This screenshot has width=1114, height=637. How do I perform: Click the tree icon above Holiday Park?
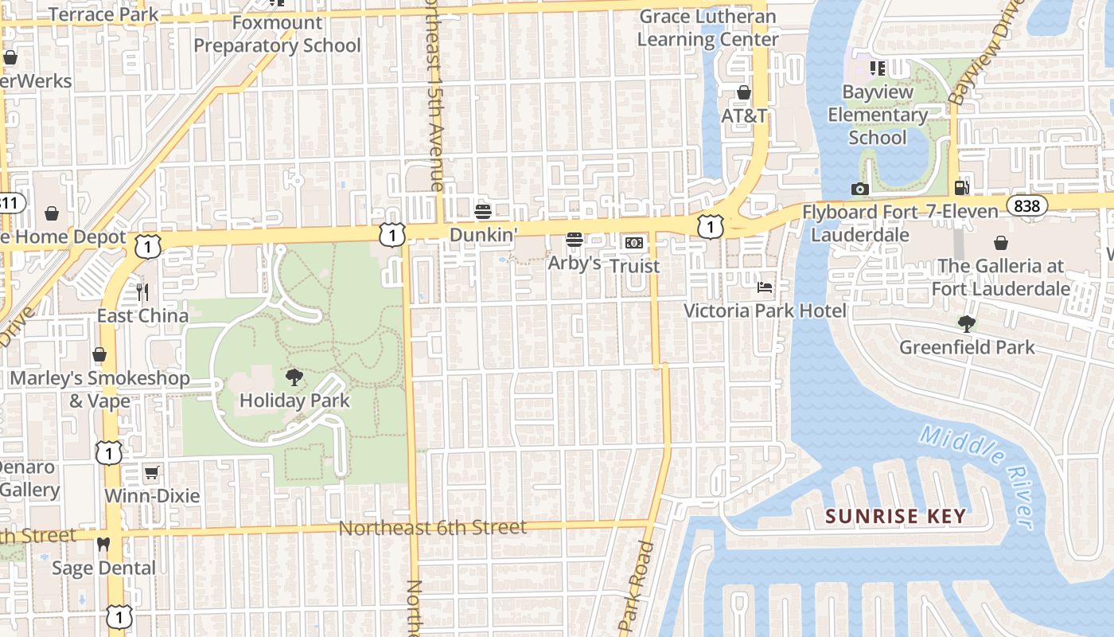294,377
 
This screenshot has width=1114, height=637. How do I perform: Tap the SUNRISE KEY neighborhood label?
895,516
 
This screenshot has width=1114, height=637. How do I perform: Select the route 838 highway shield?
1026,206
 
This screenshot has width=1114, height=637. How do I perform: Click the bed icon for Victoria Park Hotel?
765,287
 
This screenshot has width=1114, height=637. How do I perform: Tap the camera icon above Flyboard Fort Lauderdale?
859,189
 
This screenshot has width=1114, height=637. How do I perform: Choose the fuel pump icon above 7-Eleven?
961,188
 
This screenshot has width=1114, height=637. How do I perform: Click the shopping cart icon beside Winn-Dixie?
152,472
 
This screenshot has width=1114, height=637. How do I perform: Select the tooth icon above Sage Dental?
103,545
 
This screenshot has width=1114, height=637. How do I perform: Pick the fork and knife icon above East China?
142,292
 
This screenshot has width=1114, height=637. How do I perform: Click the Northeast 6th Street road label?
432,527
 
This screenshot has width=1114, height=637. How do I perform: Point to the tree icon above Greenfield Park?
967,323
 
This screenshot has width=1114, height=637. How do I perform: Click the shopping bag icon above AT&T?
743,92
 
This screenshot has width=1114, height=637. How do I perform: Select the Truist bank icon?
634,242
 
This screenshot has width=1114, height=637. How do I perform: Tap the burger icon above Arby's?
574,239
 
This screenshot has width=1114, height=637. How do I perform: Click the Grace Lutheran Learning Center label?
707,28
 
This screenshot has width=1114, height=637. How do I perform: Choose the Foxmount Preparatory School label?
277,34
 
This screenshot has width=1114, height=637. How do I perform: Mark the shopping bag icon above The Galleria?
1000,242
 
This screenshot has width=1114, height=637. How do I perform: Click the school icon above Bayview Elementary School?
878,68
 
